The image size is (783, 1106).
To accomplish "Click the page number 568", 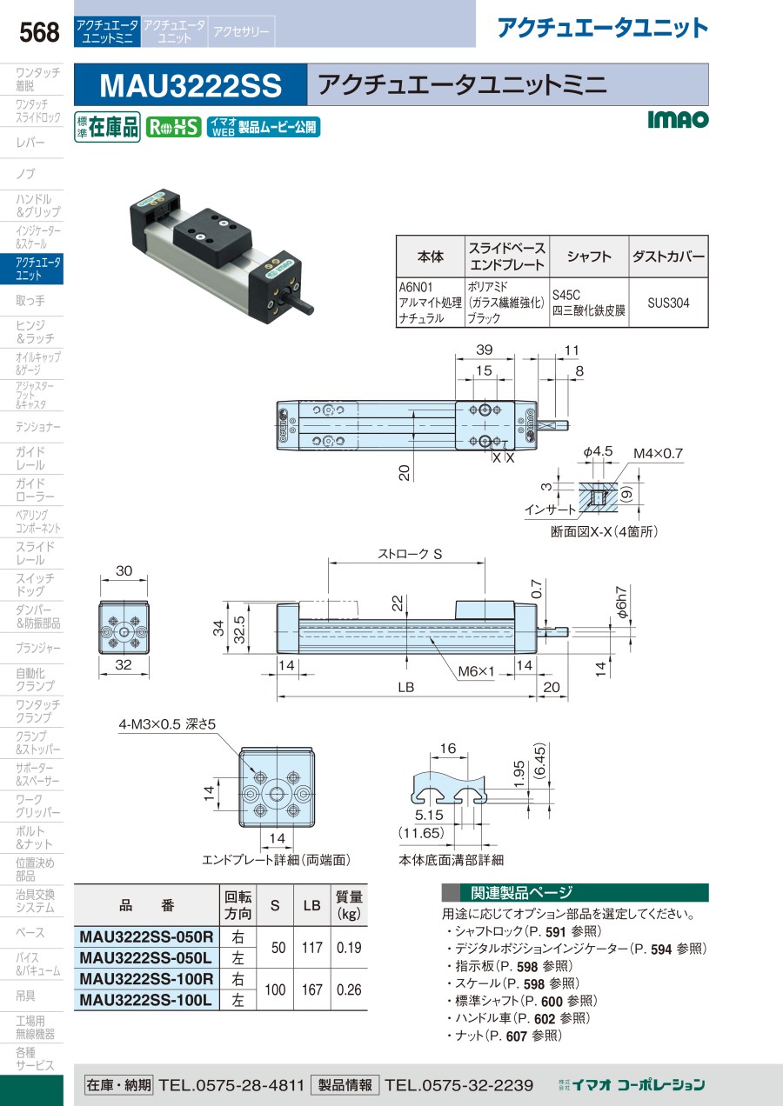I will pyautogui.click(x=40, y=33).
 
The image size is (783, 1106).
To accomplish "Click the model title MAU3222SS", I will pyautogui.click(x=191, y=85).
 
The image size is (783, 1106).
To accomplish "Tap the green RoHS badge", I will pyautogui.click(x=173, y=127).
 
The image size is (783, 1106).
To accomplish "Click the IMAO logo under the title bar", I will pyautogui.click(x=679, y=120).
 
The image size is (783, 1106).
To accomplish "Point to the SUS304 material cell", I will pyautogui.click(x=668, y=303).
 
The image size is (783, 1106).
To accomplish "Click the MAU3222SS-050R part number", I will pyautogui.click(x=145, y=936).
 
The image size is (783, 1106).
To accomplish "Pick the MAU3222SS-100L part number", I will pyautogui.click(x=145, y=1000).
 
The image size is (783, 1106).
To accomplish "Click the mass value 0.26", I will pyautogui.click(x=348, y=989).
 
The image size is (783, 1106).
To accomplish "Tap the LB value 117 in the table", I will pyautogui.click(x=311, y=948).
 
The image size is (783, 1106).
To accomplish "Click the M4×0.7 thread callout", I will pyautogui.click(x=659, y=453).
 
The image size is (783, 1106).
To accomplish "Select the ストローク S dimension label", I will pyautogui.click(x=410, y=552).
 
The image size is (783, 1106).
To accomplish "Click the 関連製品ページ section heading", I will pyautogui.click(x=521, y=893).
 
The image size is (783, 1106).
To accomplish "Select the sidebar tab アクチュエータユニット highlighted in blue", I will pyautogui.click(x=38, y=269).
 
